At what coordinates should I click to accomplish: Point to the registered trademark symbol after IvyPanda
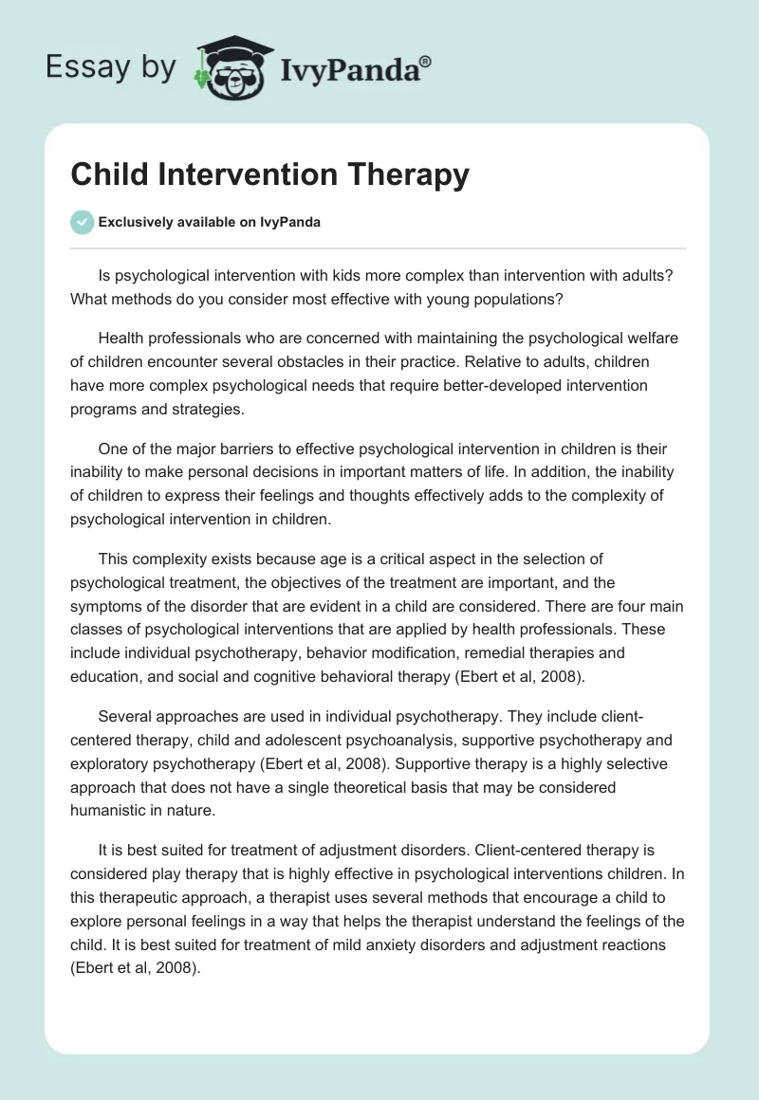426,61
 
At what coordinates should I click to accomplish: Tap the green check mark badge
82,222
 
